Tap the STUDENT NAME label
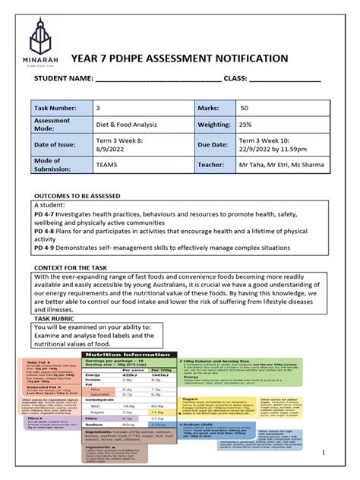pos(61,80)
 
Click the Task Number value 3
pos(98,109)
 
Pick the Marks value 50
pos(245,109)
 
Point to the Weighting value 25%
pos(248,125)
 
